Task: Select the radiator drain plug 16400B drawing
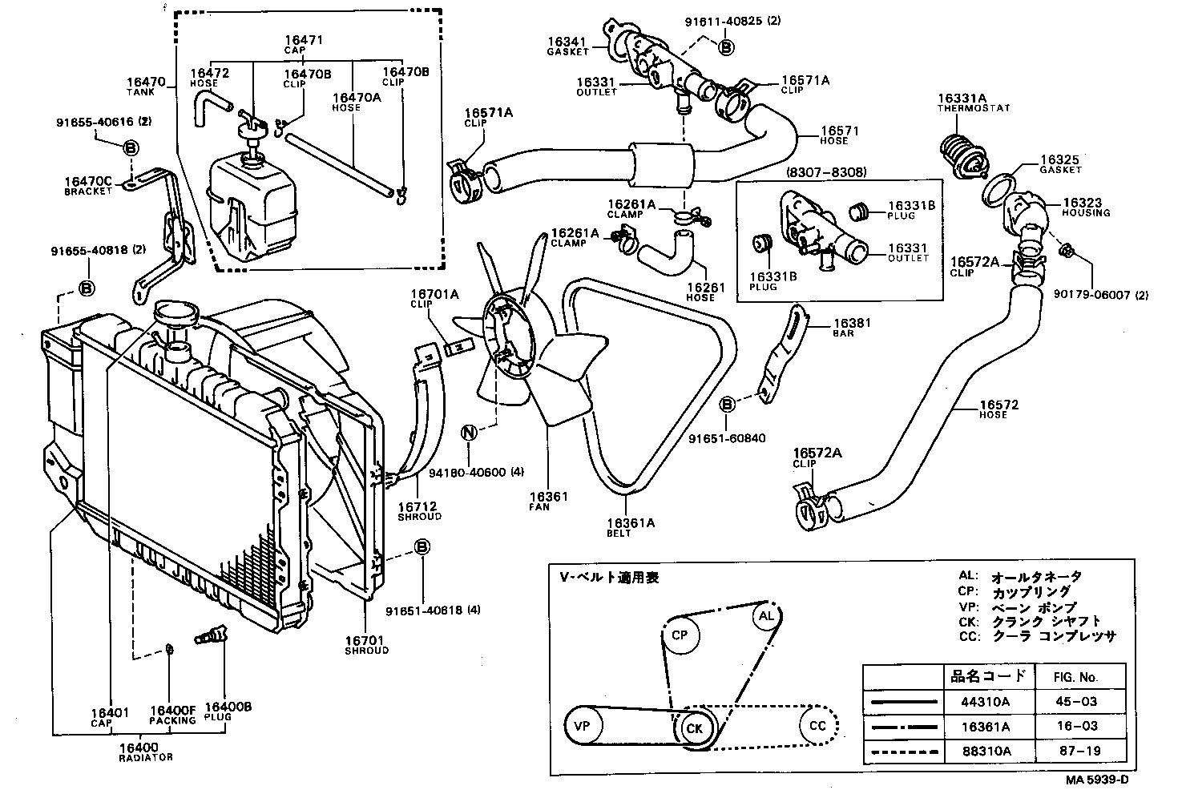tap(211, 635)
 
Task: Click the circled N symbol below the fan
tap(470, 433)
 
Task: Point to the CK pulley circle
tap(693, 728)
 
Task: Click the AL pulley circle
tap(766, 616)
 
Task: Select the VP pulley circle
tap(583, 726)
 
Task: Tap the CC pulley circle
tap(817, 726)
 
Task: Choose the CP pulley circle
tap(680, 636)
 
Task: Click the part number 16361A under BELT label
tap(631, 523)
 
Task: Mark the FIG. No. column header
tap(1076, 677)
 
